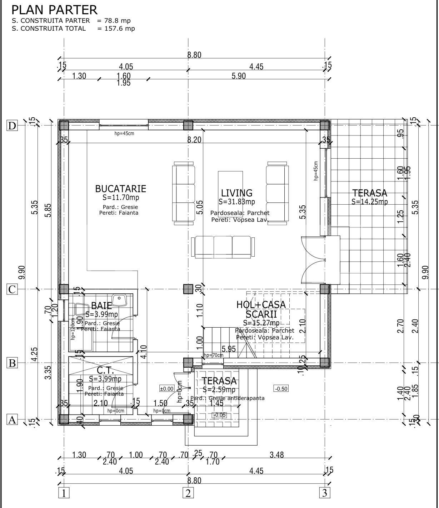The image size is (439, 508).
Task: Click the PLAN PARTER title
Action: [54, 10]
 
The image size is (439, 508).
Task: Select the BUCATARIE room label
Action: [120, 189]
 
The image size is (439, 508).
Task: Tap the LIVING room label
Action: [236, 193]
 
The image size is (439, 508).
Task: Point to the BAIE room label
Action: [101, 306]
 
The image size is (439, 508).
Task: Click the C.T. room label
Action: [105, 370]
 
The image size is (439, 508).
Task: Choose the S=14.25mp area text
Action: [369, 201]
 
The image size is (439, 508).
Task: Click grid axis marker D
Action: [12, 126]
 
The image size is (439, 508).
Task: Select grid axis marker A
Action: [12, 420]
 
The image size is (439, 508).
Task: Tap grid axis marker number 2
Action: [188, 493]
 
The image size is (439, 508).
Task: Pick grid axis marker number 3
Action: [324, 493]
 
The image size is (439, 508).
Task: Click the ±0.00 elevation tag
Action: [166, 389]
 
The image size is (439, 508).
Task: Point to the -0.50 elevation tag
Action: [281, 389]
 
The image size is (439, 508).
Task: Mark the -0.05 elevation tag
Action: [219, 415]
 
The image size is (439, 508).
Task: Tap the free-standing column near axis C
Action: [188, 289]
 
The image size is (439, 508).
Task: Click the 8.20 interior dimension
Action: [194, 140]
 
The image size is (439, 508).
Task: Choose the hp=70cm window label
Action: [213, 355]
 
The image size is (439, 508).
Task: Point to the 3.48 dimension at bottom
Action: [276, 455]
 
